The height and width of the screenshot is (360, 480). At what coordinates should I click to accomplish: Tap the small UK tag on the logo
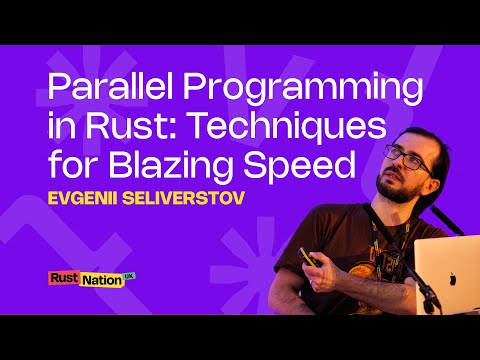point(129,275)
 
